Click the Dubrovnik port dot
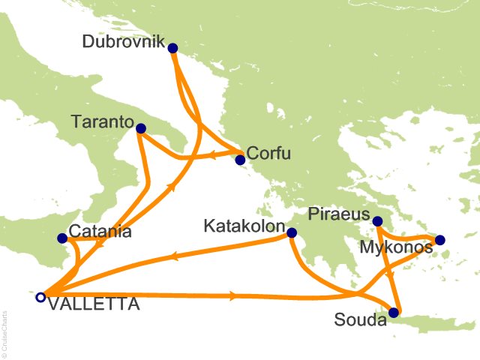[173, 48]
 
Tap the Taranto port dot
[140, 129]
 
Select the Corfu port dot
[240, 160]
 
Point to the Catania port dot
[62, 239]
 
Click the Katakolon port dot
[292, 234]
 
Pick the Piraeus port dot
[378, 221]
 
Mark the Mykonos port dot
[439, 240]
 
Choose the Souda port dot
[394, 313]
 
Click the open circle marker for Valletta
[40, 297]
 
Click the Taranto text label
[102, 121]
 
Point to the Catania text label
[100, 232]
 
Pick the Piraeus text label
[339, 214]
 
